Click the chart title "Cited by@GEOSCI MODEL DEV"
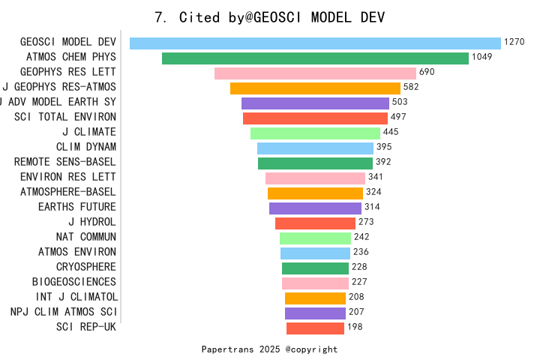pyautogui.click(x=269, y=17)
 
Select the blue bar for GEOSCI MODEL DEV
pyautogui.click(x=315, y=43)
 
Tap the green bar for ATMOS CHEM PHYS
pyautogui.click(x=315, y=58)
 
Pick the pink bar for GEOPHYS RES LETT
pyautogui.click(x=315, y=73)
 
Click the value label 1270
pyautogui.click(x=514, y=43)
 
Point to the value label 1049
pyautogui.click(x=482, y=58)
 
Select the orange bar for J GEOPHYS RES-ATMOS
pyautogui.click(x=315, y=88)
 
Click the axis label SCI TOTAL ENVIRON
pyautogui.click(x=65, y=117)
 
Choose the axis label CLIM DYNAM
pyautogui.click(x=86, y=147)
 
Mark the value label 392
pyautogui.click(x=384, y=163)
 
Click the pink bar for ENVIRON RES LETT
pyautogui.click(x=315, y=178)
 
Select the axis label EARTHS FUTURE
pyautogui.click(x=77, y=207)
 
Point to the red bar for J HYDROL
pyautogui.click(x=315, y=223)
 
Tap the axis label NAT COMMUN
pyautogui.click(x=86, y=237)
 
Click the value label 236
pyautogui.click(x=361, y=253)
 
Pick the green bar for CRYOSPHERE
pyautogui.click(x=315, y=268)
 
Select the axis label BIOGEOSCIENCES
pyautogui.click(x=74, y=282)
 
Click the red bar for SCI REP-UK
pyautogui.click(x=315, y=328)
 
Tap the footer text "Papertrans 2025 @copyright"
pyautogui.click(x=269, y=349)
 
